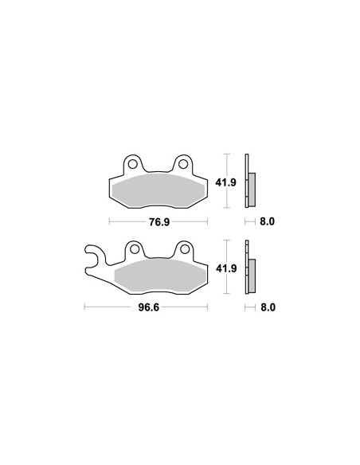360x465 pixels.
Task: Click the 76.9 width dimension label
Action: click(159, 221)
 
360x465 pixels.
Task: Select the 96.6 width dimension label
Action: click(149, 307)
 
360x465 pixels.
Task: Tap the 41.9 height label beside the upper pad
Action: click(225, 182)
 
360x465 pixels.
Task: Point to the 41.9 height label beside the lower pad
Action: click(226, 268)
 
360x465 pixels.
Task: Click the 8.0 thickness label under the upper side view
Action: click(267, 221)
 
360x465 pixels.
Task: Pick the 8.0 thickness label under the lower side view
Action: click(268, 307)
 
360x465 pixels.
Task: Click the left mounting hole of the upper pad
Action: click(132, 164)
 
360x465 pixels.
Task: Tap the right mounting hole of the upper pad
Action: click(183, 164)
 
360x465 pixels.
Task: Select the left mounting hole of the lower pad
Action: click(135, 249)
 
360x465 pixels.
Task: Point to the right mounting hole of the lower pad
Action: click(185, 249)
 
